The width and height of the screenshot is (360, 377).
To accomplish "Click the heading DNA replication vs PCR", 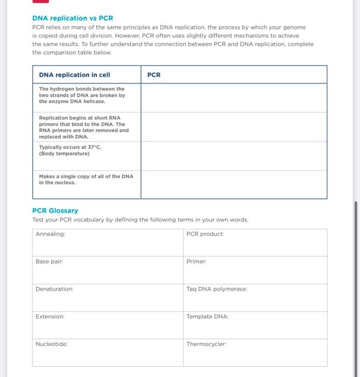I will point(73,18).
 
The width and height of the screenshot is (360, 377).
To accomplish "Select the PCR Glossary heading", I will point(55,211).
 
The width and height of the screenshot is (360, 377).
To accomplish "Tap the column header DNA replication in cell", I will point(74,75).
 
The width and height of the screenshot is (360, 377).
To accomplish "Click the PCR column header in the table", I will point(154,75).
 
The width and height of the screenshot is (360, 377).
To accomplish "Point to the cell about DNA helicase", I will point(82,95).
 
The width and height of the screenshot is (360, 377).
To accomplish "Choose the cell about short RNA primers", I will point(84,127).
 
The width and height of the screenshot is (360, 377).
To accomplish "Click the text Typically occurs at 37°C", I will point(70,147).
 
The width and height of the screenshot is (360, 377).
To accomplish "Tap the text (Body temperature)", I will point(64,153).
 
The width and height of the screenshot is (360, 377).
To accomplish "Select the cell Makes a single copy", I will point(86,179).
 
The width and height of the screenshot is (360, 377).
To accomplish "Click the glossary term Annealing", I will point(50,234).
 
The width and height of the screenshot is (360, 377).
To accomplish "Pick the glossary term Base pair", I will point(49,261).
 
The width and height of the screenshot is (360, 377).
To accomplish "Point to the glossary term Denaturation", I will point(54,289).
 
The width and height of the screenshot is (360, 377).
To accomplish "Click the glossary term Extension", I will point(50,317).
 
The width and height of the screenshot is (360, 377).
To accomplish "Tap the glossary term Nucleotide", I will point(52,344).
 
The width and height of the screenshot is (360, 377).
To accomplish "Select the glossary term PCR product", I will point(205,234).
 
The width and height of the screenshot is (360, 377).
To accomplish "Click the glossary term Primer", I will point(196,261).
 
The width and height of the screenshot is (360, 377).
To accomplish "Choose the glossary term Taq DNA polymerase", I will point(217,289).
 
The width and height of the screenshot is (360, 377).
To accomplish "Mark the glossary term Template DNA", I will point(208,317).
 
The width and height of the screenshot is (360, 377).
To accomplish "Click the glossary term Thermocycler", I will point(207,344).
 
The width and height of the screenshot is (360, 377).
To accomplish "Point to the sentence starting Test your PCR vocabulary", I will point(140,220).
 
